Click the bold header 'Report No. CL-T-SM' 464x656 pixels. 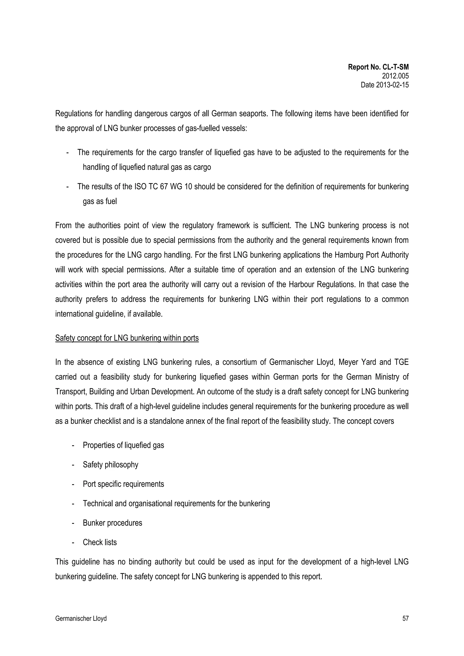[x=378, y=67]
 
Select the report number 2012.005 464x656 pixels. [x=395, y=76]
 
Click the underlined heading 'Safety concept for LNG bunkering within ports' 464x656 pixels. [x=127, y=338]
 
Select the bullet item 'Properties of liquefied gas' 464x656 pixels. [x=123, y=445]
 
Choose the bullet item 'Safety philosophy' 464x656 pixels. [x=110, y=465]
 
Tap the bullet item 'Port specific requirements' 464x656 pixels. [x=123, y=484]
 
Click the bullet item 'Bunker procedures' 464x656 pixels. [x=112, y=523]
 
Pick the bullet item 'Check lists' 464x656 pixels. [x=100, y=542]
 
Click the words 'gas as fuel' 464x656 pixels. [x=100, y=202]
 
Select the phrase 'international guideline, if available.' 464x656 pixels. [x=109, y=314]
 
